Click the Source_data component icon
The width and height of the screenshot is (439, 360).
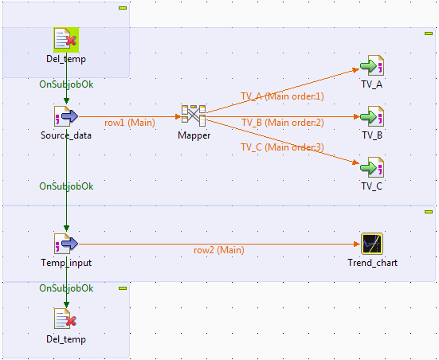(66, 116)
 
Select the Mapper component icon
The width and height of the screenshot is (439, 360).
(194, 115)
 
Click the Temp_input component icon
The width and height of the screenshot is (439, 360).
(66, 243)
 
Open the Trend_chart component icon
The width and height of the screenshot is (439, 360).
(372, 243)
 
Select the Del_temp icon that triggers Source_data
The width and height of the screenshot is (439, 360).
(66, 40)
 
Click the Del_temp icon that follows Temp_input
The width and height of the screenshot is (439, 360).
(66, 319)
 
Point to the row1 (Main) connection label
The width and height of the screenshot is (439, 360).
(130, 123)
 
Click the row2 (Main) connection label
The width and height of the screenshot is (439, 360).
(219, 250)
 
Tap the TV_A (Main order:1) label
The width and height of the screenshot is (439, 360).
(283, 96)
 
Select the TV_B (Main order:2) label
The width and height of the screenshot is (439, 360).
(283, 123)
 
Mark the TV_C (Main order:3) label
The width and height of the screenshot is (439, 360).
(283, 147)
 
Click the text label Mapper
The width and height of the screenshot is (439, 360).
(194, 135)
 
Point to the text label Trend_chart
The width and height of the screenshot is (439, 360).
(372, 263)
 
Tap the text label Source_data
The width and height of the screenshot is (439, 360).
(66, 135)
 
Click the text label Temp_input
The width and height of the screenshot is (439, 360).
(66, 263)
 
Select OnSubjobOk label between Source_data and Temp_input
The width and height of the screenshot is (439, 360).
(66, 186)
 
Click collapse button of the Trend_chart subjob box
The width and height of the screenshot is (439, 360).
(428, 211)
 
